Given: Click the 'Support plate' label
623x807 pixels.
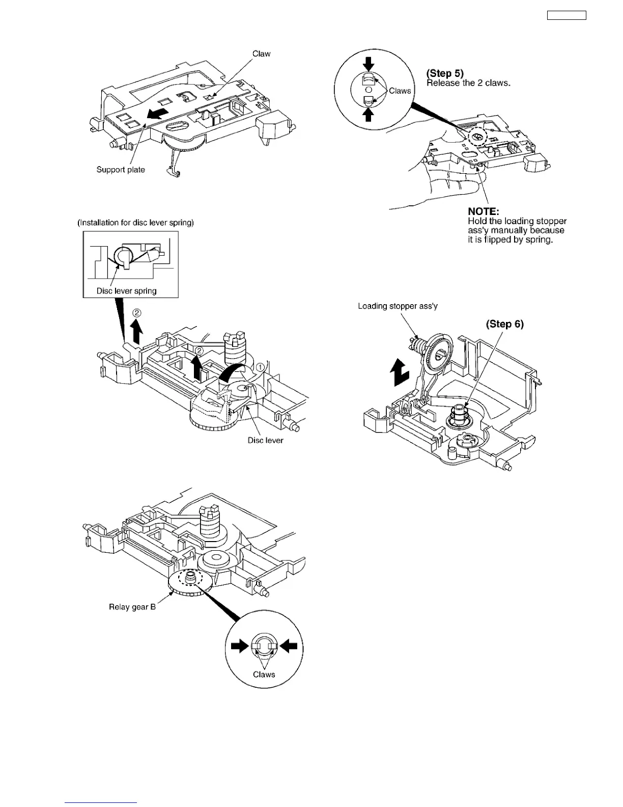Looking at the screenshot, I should pos(121,170).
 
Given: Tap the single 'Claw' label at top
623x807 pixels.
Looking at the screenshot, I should pos(261,53).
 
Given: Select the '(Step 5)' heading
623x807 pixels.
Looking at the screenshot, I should pos(445,73).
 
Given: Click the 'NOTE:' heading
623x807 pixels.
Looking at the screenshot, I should pos(484,211).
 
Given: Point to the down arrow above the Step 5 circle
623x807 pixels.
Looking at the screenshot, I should pos(369,64).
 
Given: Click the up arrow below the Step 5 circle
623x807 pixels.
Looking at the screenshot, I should pos(369,115).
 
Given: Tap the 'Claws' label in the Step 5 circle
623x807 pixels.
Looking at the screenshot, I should pos(400,91).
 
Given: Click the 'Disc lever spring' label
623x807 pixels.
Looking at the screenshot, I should pos(126,291).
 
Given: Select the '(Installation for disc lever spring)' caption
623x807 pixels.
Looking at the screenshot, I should pos(135,223).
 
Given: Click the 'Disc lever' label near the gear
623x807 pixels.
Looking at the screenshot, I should pos(265,440).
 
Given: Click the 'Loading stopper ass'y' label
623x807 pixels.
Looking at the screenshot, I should pos(398,306).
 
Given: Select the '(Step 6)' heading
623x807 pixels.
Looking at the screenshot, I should pos(504,324).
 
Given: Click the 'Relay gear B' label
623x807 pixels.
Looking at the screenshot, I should pos(132,607).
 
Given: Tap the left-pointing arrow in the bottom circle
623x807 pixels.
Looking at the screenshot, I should pos(288,647).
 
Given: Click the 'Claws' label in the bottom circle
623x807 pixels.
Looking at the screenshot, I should pos(264,675).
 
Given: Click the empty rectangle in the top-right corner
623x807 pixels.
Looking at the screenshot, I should pos(567,15).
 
